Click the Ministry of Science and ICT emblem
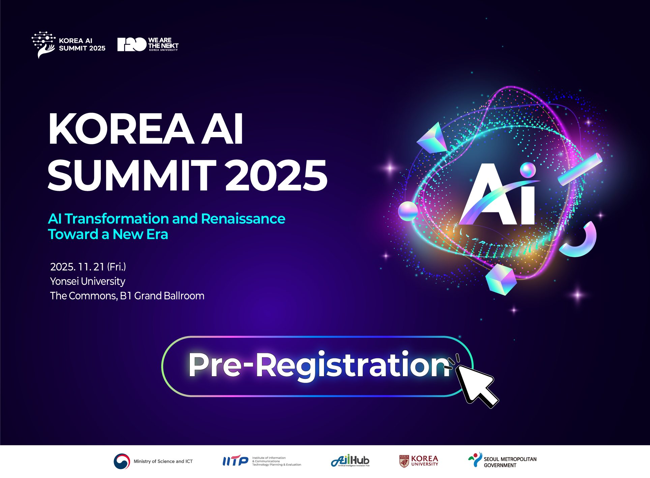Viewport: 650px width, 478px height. tap(122, 461)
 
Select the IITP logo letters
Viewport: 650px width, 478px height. tap(235, 460)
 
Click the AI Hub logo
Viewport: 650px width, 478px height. tap(350, 460)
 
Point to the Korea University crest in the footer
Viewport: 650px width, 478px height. tap(404, 461)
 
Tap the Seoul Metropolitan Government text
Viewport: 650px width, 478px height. tap(510, 462)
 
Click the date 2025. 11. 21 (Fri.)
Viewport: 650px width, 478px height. tap(88, 267)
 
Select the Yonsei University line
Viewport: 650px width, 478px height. tap(88, 281)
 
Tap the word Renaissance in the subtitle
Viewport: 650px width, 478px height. tap(243, 219)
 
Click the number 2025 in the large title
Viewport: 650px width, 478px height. tap(276, 175)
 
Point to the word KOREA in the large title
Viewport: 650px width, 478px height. tap(121, 129)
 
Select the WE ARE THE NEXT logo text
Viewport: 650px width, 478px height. tap(163, 44)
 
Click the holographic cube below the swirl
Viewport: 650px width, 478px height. tap(501, 279)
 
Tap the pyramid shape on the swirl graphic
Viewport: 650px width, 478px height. tap(433, 138)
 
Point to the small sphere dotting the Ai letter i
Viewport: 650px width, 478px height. tap(528, 170)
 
